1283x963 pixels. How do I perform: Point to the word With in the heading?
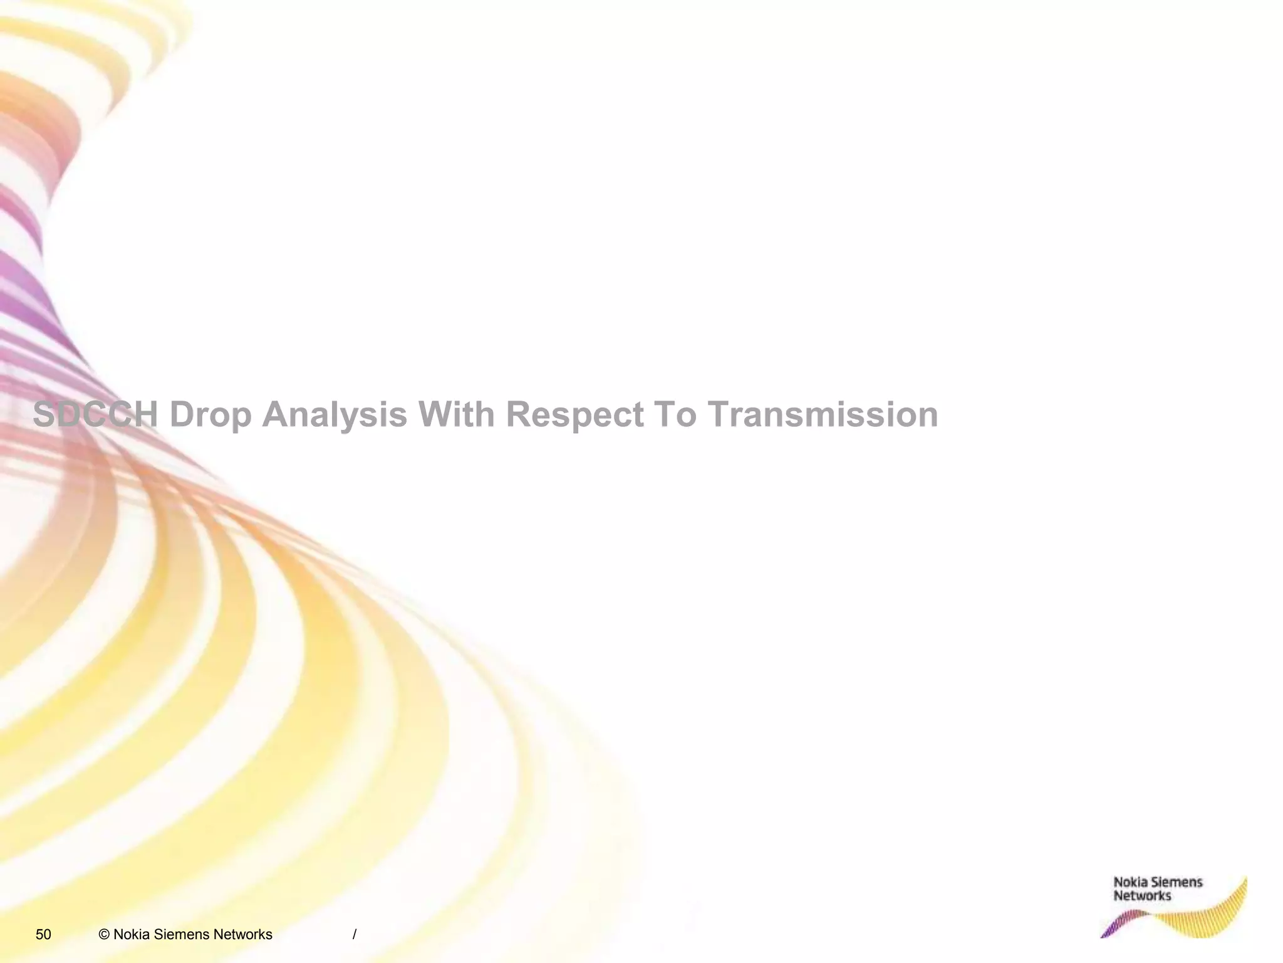point(456,414)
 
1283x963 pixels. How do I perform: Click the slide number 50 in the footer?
point(43,935)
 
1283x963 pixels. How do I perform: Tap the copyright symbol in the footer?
point(105,935)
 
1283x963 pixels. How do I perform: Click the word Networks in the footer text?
point(242,935)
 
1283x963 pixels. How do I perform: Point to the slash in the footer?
point(355,935)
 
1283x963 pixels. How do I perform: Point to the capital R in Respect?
point(517,414)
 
